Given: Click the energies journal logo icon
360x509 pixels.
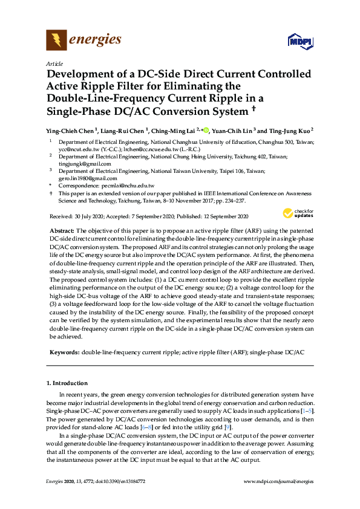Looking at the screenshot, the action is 57,41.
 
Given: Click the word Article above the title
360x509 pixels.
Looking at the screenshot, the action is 54,63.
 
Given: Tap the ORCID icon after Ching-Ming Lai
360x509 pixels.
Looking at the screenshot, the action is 206,129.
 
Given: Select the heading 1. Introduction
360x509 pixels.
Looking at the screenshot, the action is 67,383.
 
